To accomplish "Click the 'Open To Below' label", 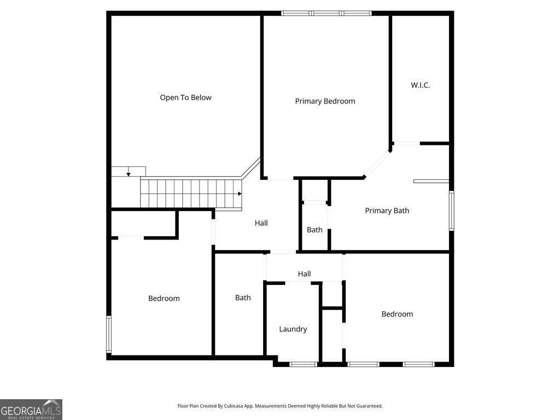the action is point(185,97).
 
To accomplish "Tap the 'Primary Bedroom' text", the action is point(325,101).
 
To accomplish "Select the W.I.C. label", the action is point(421,85).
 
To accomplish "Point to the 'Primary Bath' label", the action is point(387,211).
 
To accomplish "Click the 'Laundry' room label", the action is point(293,329).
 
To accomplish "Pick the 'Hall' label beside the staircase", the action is point(261,223).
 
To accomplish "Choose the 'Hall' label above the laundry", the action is point(304,274).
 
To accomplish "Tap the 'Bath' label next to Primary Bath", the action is point(314,230).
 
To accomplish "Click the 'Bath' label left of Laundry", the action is point(243,297).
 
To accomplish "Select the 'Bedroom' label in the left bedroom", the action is point(164,298).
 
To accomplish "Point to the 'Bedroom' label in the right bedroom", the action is point(397,314).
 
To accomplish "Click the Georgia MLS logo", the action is point(31,410).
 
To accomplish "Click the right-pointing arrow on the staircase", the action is point(240,194).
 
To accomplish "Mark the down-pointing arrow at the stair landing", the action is point(128,174).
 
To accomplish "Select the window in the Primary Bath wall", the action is point(451,211).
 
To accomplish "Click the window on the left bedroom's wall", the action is point(109,335).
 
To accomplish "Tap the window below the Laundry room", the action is point(303,364).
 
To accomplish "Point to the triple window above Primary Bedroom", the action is point(326,13).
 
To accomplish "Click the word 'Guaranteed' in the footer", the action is point(370,406).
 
